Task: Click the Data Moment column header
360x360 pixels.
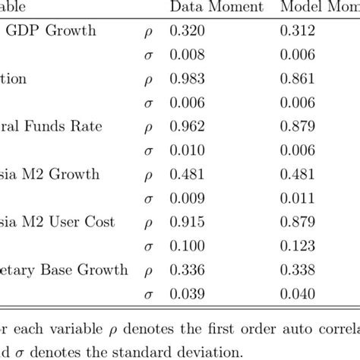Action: [x=216, y=8]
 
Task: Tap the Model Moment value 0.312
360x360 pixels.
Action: [x=299, y=31]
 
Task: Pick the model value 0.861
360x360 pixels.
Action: [x=299, y=78]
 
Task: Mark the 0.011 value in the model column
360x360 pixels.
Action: [x=299, y=197]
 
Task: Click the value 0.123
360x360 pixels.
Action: [x=299, y=245]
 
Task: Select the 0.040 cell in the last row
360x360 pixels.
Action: [x=299, y=292]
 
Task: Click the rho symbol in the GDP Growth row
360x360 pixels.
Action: [x=147, y=33]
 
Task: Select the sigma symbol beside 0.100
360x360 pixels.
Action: [x=147, y=246]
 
